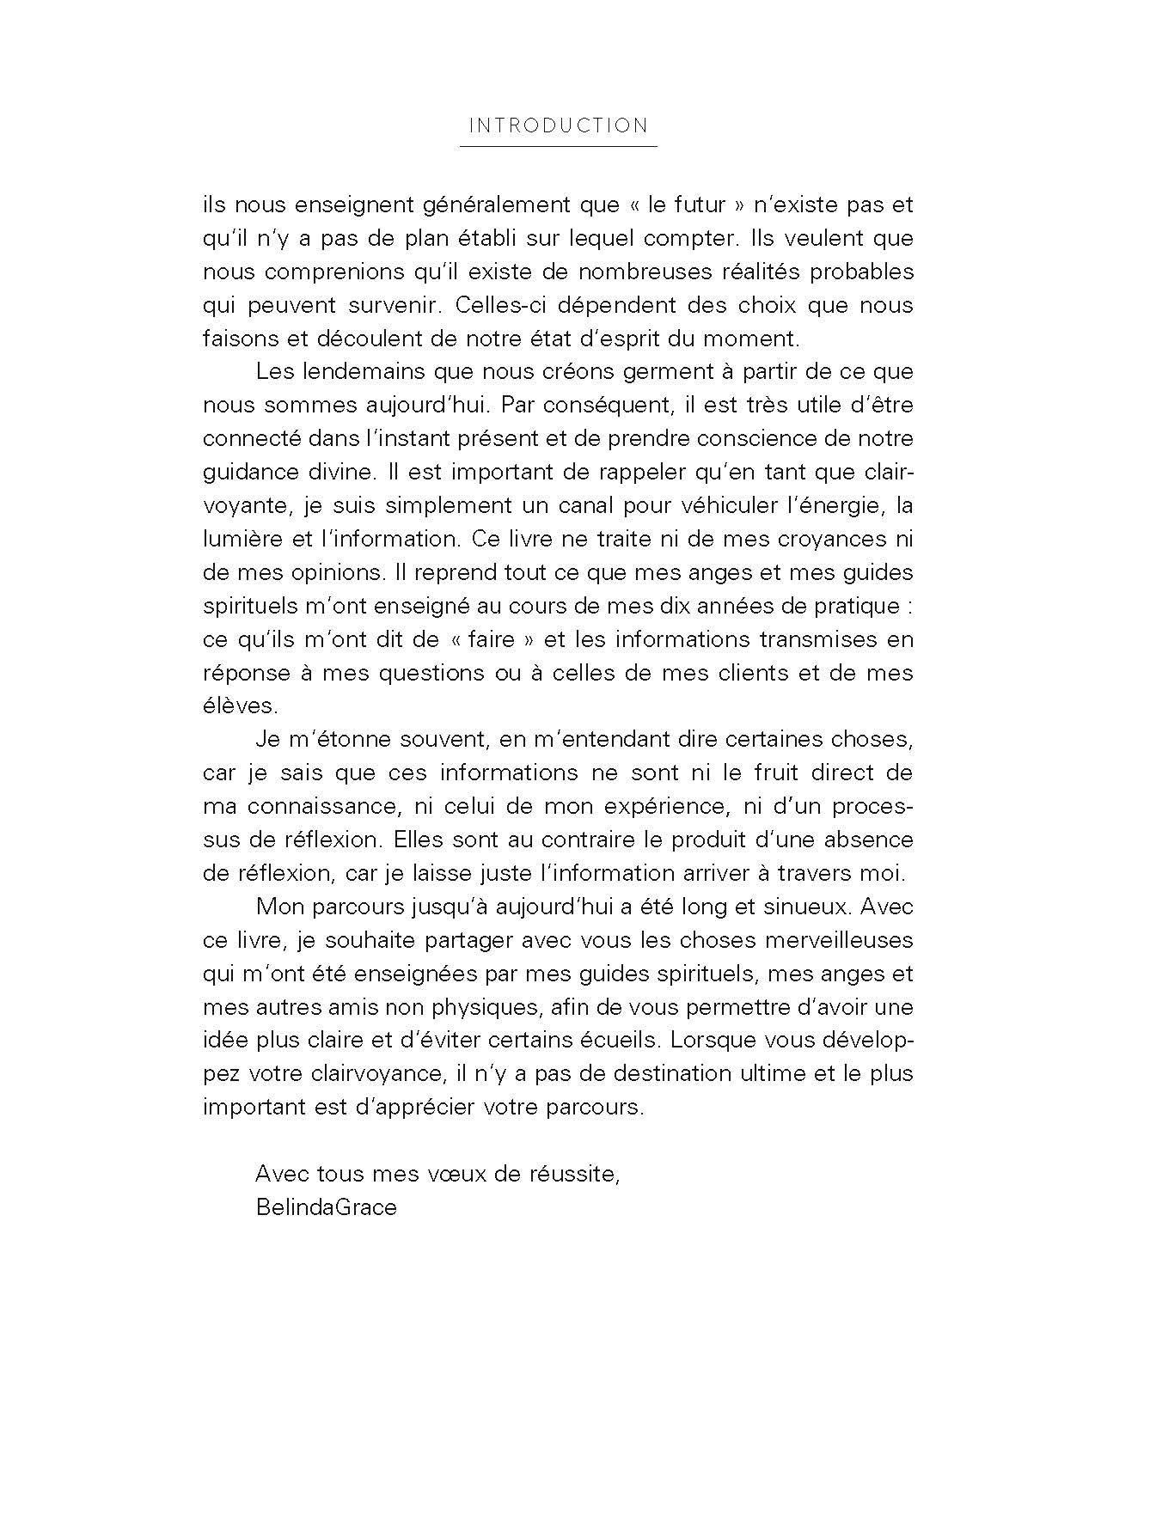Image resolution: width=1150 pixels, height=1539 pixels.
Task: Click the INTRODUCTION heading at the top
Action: pos(558,125)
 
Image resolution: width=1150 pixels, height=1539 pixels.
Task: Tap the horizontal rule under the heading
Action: pos(558,147)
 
